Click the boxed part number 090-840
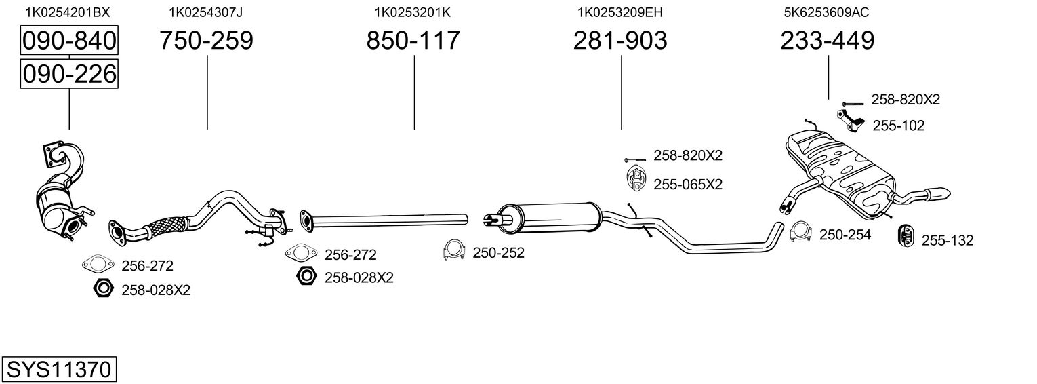tap(69, 41)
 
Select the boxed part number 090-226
tap(69, 74)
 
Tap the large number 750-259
tap(206, 41)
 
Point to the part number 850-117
tap(413, 41)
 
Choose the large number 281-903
tap(620, 41)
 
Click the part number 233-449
tap(827, 41)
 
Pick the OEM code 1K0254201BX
tap(67, 12)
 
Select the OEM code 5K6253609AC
tap(826, 12)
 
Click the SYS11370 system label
tap(58, 370)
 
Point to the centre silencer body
tap(549, 216)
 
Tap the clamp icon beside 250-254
tap(801, 232)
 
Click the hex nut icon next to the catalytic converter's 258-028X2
tap(103, 289)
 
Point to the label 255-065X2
tap(688, 184)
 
